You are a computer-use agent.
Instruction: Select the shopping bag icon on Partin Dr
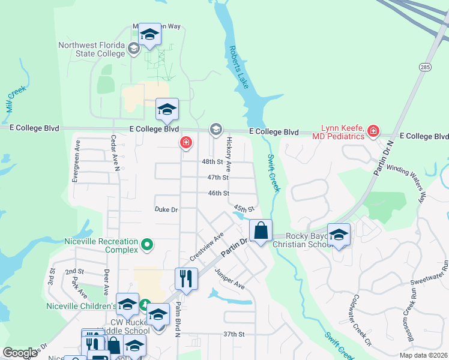click(x=261, y=230)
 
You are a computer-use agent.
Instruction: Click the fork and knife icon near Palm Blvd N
click(x=186, y=278)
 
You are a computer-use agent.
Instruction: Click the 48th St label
click(x=212, y=162)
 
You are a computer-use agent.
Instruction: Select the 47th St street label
click(x=218, y=178)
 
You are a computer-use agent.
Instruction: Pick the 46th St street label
click(x=218, y=193)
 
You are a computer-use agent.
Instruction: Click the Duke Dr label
click(x=166, y=210)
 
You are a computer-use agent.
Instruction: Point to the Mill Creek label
click(x=16, y=95)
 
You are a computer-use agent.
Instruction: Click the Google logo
click(x=20, y=352)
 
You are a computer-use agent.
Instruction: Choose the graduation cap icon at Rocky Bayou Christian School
click(x=339, y=235)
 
